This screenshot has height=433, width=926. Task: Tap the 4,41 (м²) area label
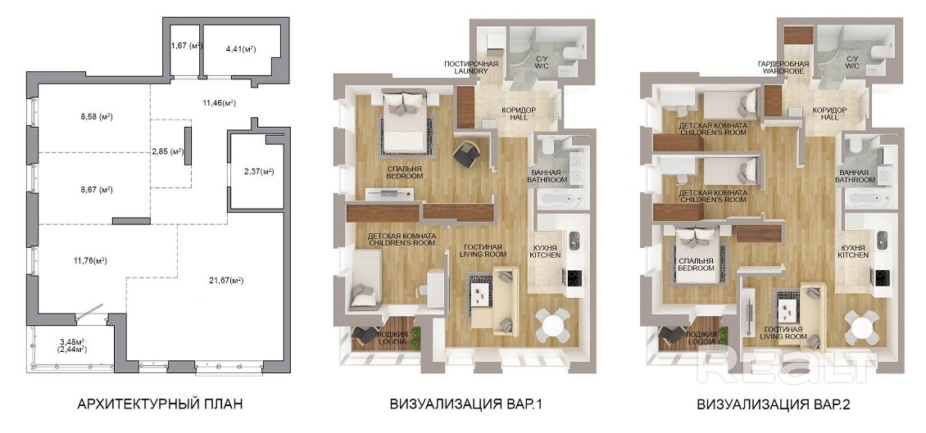click(240, 50)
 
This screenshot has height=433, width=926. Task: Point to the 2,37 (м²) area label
click(259, 172)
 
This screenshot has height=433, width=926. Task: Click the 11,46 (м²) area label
click(219, 102)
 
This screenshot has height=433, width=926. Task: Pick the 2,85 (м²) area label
click(167, 151)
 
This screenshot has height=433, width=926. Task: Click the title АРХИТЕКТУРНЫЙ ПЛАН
click(160, 404)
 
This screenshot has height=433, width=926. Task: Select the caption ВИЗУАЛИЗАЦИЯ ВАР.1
click(466, 404)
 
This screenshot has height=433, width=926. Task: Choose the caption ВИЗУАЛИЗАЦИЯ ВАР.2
click(773, 404)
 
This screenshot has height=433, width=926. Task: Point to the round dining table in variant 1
click(553, 324)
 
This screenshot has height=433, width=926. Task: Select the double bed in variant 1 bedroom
click(405, 120)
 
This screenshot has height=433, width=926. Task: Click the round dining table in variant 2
click(861, 327)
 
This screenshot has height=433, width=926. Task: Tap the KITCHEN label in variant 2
click(853, 255)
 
